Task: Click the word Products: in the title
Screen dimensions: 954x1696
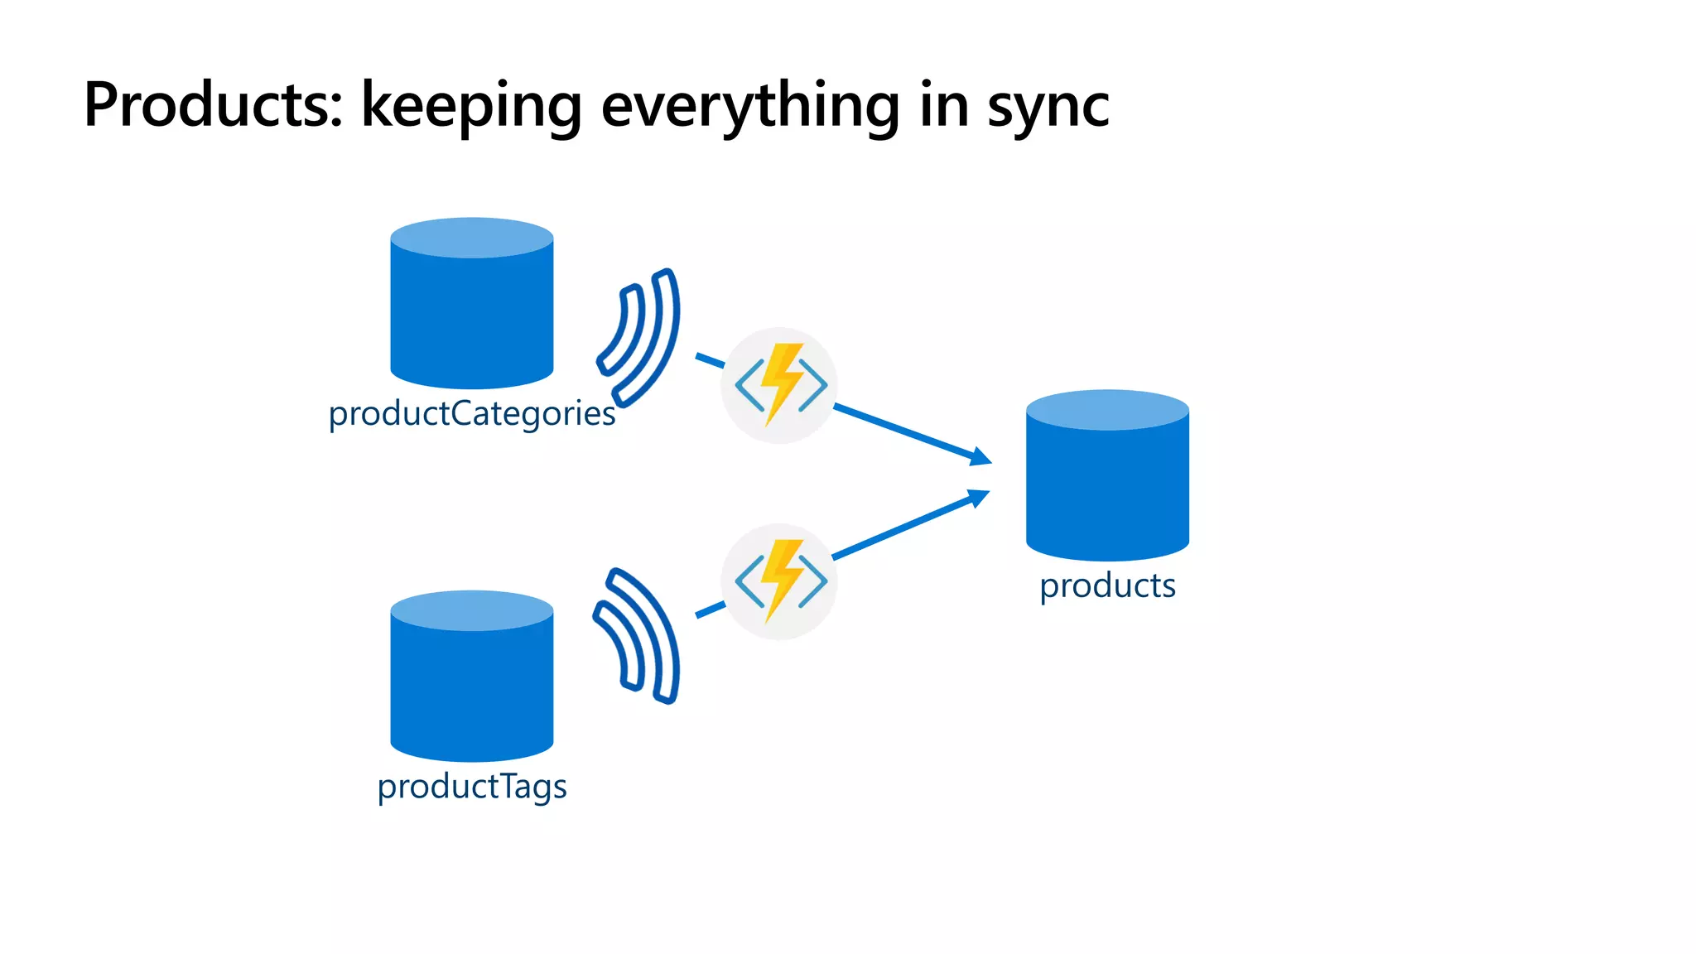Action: [x=213, y=105]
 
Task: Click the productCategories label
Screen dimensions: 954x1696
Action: [x=471, y=413]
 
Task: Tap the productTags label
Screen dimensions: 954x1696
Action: [x=471, y=786]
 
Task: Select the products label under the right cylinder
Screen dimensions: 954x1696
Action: [x=1107, y=585]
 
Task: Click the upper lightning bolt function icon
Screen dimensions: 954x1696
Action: [x=779, y=385]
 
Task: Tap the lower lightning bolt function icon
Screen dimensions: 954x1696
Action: [x=779, y=581]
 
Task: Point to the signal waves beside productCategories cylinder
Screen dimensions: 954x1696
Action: [x=640, y=337]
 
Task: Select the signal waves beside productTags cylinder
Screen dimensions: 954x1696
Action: [x=638, y=636]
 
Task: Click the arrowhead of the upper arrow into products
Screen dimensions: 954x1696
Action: [x=981, y=457]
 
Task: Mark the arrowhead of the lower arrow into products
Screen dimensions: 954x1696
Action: [x=980, y=497]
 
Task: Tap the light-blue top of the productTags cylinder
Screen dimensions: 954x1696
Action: [x=471, y=610]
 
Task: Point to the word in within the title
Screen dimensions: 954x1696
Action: [x=943, y=105]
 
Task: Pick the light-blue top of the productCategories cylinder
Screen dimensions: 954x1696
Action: [x=471, y=238]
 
